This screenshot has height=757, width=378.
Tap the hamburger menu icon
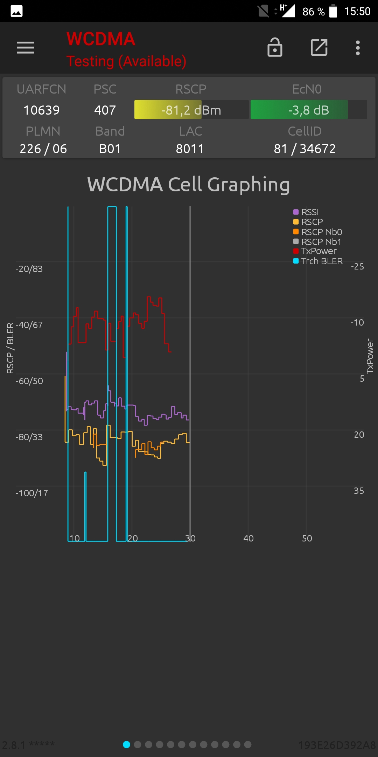point(26,48)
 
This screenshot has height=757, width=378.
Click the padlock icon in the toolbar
point(275,47)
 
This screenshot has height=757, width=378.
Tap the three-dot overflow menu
point(357,48)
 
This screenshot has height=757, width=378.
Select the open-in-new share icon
point(319,47)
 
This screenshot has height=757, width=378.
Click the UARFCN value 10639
point(41,110)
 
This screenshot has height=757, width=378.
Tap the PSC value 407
point(105,110)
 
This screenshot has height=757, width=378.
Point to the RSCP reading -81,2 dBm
point(191,110)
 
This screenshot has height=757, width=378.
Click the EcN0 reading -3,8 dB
point(308,110)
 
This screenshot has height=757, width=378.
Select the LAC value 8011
point(190,149)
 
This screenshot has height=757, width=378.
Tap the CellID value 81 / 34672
point(304,149)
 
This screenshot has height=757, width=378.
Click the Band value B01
point(110,149)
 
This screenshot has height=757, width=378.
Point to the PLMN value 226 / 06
point(43,149)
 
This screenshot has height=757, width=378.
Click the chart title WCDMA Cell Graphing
point(189,185)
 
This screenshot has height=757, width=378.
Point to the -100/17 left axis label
point(32,493)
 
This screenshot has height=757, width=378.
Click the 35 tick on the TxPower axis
point(359,491)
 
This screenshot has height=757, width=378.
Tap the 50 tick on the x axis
point(307,539)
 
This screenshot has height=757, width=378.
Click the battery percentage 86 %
point(313,12)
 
